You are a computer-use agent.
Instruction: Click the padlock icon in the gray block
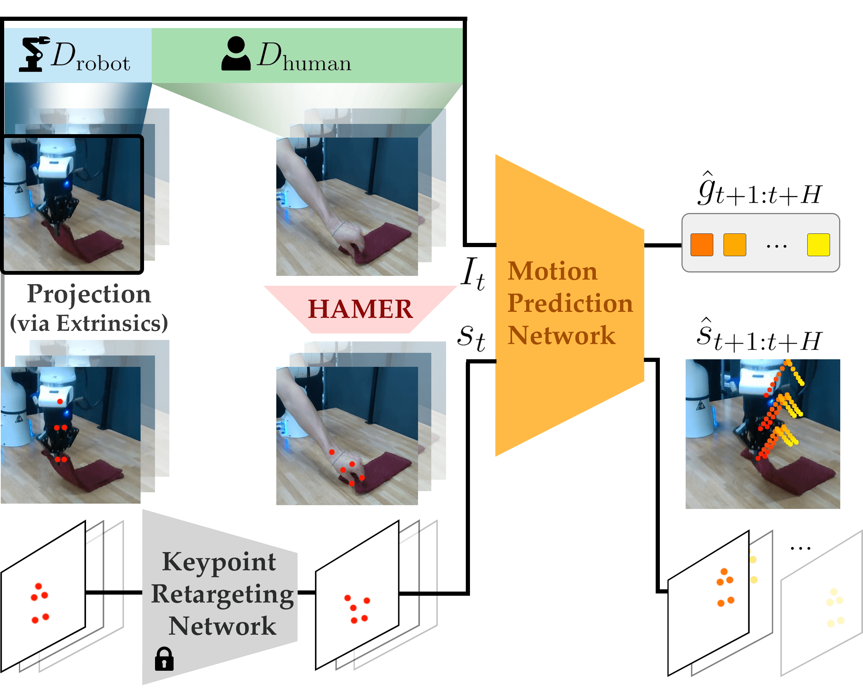(x=164, y=658)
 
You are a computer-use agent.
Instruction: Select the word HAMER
(x=360, y=309)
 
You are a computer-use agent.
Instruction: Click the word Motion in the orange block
(x=552, y=271)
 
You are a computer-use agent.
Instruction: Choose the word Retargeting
(x=222, y=594)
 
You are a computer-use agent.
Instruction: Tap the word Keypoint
(x=219, y=562)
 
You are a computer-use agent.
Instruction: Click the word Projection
(x=89, y=294)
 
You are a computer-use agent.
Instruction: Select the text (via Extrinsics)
(x=89, y=323)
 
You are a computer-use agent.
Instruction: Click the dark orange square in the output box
(x=702, y=244)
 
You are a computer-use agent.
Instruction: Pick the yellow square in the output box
(x=818, y=244)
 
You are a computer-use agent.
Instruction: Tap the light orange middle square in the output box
(x=735, y=244)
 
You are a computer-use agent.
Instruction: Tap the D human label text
(x=304, y=57)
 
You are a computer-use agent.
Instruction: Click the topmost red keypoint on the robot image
(x=60, y=401)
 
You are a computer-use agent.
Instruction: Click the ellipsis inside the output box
(x=777, y=246)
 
